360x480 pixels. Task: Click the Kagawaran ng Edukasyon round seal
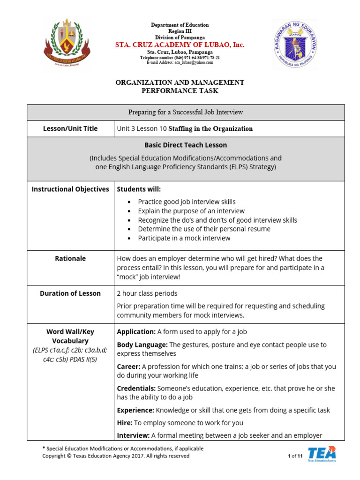click(x=295, y=44)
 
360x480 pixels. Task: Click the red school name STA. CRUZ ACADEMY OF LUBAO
click(x=180, y=45)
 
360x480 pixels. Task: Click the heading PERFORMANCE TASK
click(x=180, y=91)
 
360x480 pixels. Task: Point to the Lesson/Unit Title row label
click(x=70, y=128)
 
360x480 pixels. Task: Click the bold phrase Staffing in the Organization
click(x=210, y=128)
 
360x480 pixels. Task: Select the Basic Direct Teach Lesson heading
click(x=186, y=145)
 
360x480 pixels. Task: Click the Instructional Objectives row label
click(x=70, y=189)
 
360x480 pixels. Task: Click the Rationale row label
click(x=70, y=258)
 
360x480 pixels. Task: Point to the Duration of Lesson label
click(x=70, y=293)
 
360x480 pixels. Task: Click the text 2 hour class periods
click(x=147, y=293)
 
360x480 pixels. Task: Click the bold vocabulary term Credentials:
click(x=136, y=388)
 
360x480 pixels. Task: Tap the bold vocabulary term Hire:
click(x=124, y=422)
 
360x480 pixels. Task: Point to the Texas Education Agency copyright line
click(x=116, y=456)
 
